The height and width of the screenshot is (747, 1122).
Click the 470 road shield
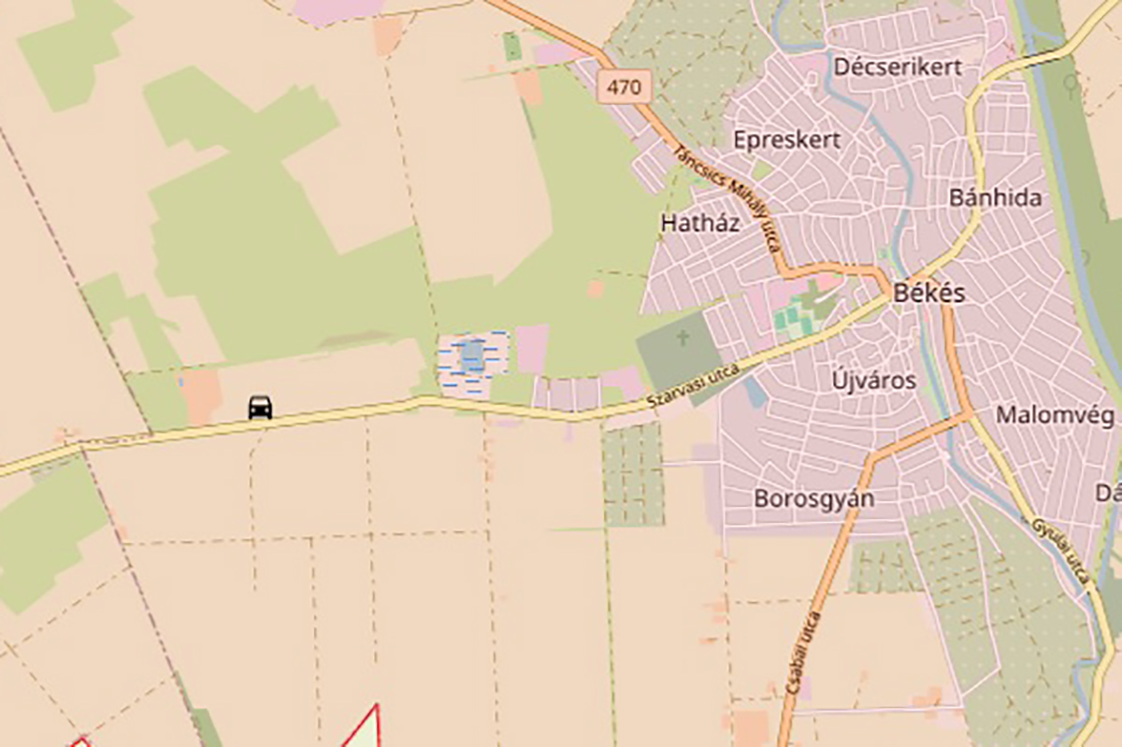point(624,88)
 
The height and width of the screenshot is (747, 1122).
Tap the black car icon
point(260,407)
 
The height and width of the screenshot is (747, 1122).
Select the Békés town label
point(928,293)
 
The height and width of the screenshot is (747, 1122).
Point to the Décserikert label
point(898,67)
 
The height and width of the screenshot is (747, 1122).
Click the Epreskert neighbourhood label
point(787,140)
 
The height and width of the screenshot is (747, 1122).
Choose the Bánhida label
point(995,198)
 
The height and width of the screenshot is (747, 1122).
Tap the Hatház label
point(700,223)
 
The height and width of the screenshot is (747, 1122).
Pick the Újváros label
point(873,381)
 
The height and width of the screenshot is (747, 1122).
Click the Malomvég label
point(1055,415)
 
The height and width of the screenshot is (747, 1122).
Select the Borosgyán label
point(813,498)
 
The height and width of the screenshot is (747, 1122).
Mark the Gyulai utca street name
point(1062,551)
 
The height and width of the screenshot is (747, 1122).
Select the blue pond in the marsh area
point(472,354)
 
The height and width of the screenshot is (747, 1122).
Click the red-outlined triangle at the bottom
point(365,730)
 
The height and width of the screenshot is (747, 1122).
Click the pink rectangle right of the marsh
point(532,349)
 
